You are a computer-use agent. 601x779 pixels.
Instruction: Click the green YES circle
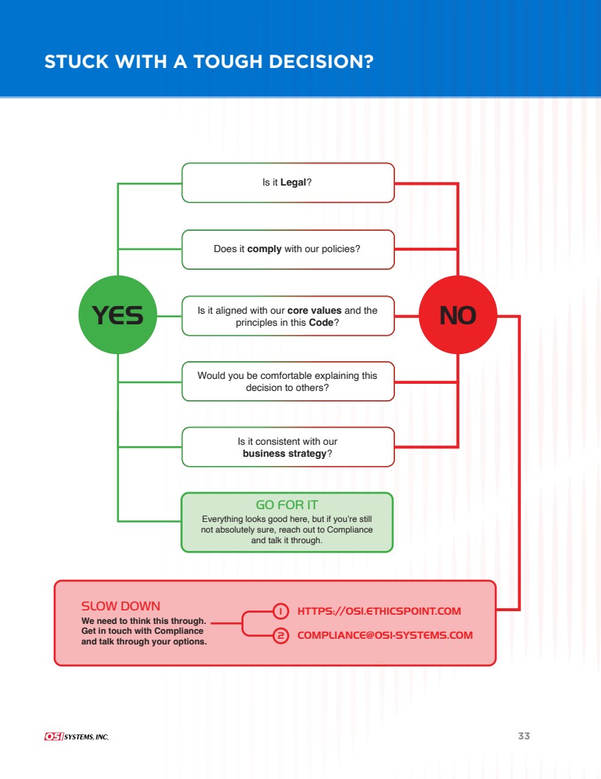[x=118, y=314]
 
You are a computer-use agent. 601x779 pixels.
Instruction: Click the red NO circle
[x=458, y=314]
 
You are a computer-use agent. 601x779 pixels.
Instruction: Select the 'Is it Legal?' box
[x=288, y=182]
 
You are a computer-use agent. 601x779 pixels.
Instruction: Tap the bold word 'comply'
[x=264, y=249]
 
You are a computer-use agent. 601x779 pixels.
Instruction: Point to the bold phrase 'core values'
[x=314, y=310]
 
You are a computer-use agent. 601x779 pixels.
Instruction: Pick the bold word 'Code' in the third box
[x=321, y=322]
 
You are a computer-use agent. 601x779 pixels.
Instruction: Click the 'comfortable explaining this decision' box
[x=288, y=381]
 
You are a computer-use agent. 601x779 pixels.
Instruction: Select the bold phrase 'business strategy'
[x=285, y=453]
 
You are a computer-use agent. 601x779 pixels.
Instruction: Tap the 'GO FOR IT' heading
[x=287, y=505]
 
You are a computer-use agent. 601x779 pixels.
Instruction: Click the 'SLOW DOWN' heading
[x=121, y=606]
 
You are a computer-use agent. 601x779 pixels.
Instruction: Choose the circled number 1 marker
[x=280, y=610]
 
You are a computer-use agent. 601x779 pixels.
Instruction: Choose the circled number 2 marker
[x=280, y=635]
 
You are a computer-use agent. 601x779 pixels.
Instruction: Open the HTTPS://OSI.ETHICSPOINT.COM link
[x=379, y=611]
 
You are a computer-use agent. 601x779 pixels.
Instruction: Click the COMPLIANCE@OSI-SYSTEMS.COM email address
[x=385, y=635]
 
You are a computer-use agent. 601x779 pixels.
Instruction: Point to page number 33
[x=524, y=736]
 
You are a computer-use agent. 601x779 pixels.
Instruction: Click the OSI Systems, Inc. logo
[x=76, y=737]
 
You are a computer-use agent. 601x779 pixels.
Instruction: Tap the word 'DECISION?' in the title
[x=321, y=62]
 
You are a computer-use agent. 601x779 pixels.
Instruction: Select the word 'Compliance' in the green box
[x=350, y=530]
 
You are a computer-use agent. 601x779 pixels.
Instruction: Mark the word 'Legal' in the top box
[x=293, y=182]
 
